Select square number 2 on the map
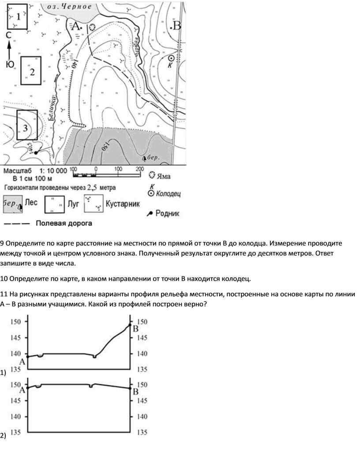(x=31, y=71)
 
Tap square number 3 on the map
(x=27, y=125)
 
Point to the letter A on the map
(x=75, y=26)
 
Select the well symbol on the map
(x=172, y=58)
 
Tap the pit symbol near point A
(x=92, y=27)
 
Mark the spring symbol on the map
(x=35, y=152)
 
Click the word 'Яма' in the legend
(x=165, y=176)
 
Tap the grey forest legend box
(x=13, y=204)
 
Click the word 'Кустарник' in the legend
(x=122, y=204)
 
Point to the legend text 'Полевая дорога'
(x=64, y=223)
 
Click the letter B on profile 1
(x=136, y=329)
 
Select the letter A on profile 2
(x=22, y=390)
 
